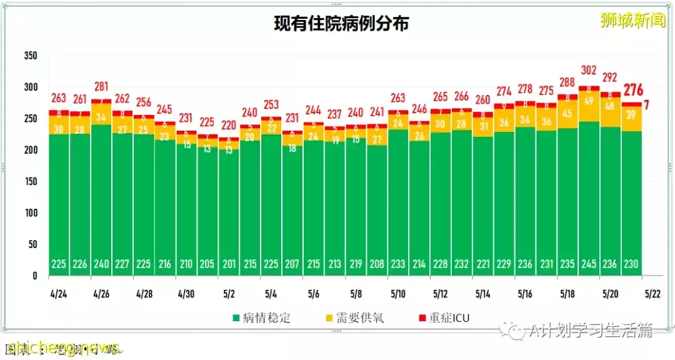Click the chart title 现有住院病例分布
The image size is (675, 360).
click(341, 24)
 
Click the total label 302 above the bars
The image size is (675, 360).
click(589, 70)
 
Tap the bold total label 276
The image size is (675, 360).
click(632, 89)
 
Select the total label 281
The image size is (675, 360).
click(101, 86)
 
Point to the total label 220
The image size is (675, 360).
click(229, 124)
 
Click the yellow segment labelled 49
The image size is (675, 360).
click(589, 101)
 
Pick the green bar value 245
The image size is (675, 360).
click(589, 264)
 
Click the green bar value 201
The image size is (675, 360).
click(229, 264)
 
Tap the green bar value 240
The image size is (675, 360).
click(101, 264)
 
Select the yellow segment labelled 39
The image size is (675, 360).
click(631, 114)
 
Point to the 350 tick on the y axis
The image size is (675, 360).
click(31, 56)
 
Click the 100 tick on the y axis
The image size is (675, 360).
click(31, 212)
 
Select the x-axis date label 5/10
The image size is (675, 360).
click(398, 292)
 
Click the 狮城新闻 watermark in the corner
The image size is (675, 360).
click(632, 21)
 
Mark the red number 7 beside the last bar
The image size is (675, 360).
click(646, 105)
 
